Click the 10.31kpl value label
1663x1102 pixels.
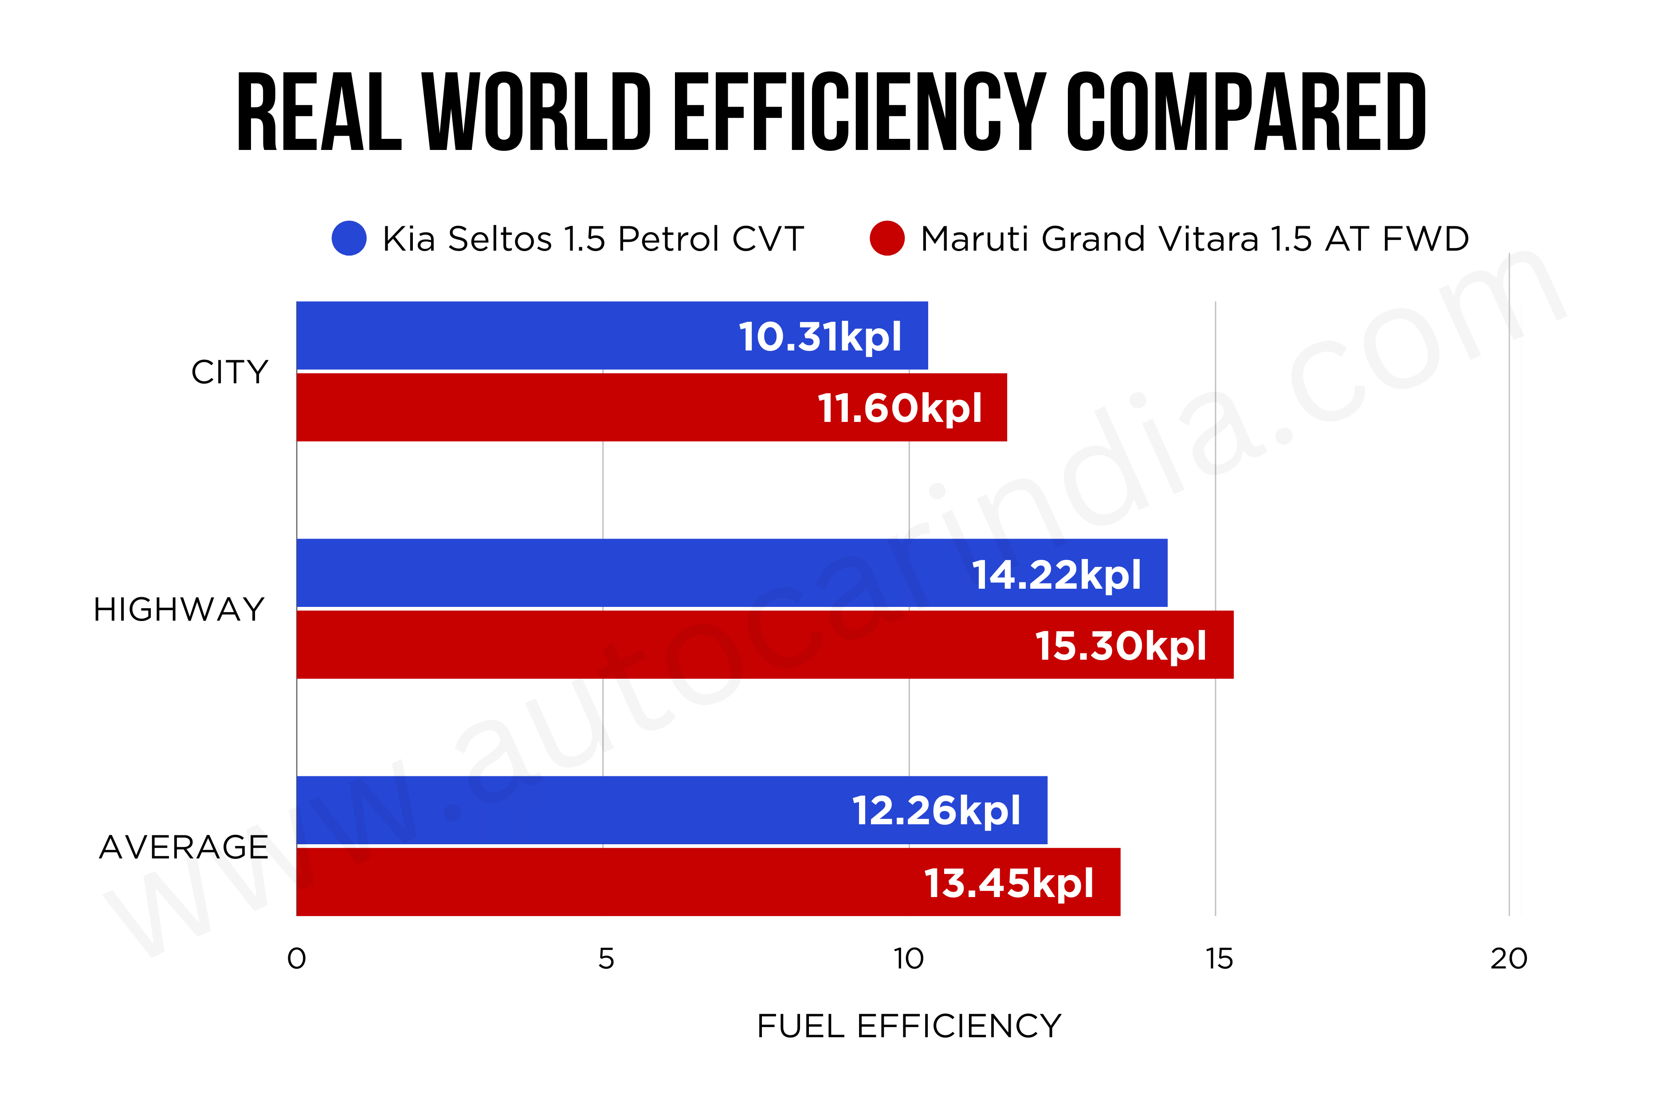(x=819, y=337)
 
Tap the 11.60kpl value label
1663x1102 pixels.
(x=899, y=408)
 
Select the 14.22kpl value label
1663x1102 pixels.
(x=1056, y=575)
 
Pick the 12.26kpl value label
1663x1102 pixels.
(x=936, y=811)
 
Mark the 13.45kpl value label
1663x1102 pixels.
(x=1008, y=883)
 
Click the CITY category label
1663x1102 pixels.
(x=230, y=372)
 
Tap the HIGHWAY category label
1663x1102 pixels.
(x=179, y=609)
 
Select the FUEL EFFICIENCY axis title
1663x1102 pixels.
(x=908, y=1026)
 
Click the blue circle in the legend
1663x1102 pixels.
(x=349, y=238)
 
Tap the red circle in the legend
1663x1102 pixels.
(x=886, y=238)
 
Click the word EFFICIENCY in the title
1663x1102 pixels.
(x=859, y=112)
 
